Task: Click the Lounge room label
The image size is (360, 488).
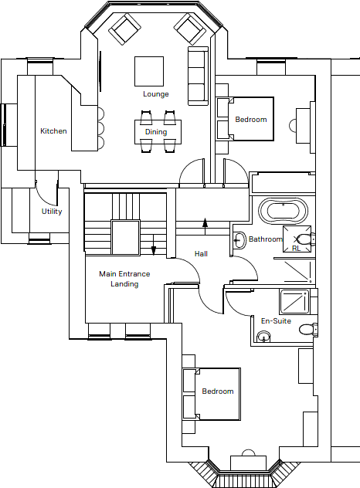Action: (x=155, y=94)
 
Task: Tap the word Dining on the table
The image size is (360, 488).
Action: (x=155, y=132)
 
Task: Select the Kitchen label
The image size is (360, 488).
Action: (x=53, y=131)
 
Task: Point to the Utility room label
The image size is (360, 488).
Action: (x=52, y=212)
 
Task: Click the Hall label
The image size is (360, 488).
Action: (x=201, y=254)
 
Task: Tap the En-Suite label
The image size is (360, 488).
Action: (x=276, y=320)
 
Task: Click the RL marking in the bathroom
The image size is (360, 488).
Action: (x=296, y=249)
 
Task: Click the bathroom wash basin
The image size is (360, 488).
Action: (x=239, y=240)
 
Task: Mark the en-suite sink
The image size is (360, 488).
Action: (x=264, y=337)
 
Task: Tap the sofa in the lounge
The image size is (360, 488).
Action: (x=198, y=75)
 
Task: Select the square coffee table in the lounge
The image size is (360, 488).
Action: (x=149, y=71)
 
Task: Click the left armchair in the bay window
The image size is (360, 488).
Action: (x=124, y=30)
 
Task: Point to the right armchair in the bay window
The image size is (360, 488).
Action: (x=190, y=30)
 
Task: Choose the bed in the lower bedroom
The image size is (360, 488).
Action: (x=211, y=392)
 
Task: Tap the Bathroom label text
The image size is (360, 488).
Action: (x=266, y=239)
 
